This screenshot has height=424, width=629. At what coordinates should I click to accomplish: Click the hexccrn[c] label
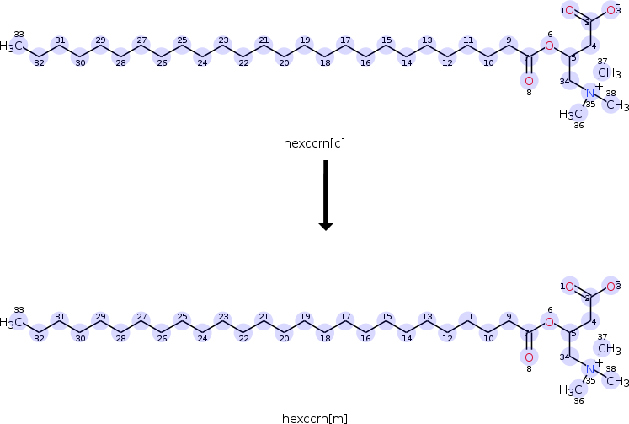[x=314, y=143]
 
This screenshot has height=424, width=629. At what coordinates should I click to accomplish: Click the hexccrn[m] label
[x=315, y=419]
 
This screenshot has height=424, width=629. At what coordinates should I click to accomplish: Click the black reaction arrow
[x=326, y=196]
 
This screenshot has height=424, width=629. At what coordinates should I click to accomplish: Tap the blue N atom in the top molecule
[x=590, y=94]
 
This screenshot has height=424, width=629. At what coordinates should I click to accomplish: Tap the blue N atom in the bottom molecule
[x=590, y=369]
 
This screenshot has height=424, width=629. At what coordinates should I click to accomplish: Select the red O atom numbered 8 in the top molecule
[x=529, y=81]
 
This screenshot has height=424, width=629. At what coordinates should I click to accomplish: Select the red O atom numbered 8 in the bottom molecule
[x=529, y=357]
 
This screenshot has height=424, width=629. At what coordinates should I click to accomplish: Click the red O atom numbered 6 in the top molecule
[x=549, y=46]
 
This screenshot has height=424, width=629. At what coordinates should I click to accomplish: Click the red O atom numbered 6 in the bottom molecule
[x=549, y=322]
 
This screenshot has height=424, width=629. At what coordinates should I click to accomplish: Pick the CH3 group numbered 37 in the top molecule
[x=610, y=72]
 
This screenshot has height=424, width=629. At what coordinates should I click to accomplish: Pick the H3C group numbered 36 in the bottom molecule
[x=570, y=389]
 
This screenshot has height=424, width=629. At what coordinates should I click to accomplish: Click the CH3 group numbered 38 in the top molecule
[x=618, y=105]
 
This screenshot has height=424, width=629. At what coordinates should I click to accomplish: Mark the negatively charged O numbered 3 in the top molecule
[x=612, y=10]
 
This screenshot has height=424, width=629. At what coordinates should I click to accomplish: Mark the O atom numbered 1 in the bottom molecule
[x=569, y=287]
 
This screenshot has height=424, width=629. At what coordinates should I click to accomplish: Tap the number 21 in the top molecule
[x=264, y=40]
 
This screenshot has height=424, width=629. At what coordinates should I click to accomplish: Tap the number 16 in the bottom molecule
[x=365, y=339]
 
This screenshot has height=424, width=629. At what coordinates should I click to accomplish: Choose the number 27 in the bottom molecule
[x=141, y=316]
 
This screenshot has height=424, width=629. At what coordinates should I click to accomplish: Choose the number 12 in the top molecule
[x=447, y=62]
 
